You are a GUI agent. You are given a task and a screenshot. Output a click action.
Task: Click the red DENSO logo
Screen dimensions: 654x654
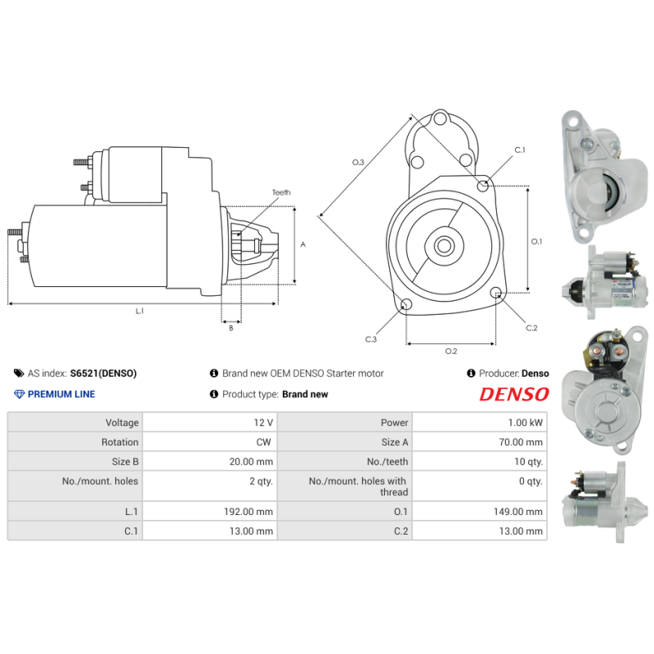[x=513, y=394]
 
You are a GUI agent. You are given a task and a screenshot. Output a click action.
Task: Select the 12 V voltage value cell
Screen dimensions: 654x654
[x=263, y=423]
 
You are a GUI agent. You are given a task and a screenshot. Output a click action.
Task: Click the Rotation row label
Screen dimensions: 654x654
[x=122, y=442]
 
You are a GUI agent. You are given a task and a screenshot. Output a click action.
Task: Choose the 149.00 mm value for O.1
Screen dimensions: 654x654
[x=523, y=512]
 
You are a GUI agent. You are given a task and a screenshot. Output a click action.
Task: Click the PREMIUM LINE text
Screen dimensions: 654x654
[x=60, y=394]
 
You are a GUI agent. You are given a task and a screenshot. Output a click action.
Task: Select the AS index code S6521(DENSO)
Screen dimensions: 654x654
[x=104, y=374]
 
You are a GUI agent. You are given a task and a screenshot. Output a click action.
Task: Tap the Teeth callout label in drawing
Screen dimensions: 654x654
[x=280, y=193]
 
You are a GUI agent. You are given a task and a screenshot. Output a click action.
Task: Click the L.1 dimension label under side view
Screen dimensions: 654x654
[x=140, y=311]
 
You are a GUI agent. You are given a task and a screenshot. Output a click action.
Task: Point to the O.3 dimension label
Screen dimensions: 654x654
[x=358, y=163]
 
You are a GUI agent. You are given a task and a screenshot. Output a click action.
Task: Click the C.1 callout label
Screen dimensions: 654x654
[x=520, y=150]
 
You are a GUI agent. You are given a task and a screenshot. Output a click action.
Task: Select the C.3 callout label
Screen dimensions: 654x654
[x=371, y=339]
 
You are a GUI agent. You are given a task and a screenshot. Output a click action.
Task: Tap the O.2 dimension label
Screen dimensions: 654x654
[x=450, y=352]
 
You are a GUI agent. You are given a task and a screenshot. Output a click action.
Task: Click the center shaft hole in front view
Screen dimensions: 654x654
[x=444, y=244]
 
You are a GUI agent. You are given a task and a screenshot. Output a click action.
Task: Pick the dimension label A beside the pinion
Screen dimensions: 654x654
[x=302, y=244]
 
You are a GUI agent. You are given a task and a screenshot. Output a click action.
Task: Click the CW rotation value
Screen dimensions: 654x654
[x=266, y=442]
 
